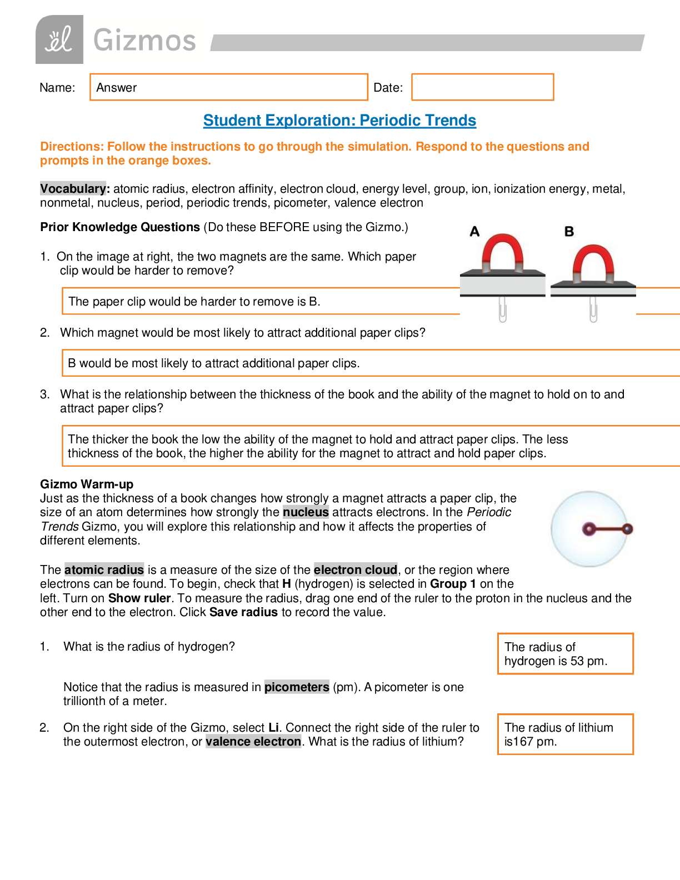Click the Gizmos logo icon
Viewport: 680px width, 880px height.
59,39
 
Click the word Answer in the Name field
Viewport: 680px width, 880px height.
116,87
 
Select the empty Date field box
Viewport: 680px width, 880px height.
482,87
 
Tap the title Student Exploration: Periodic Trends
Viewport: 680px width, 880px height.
339,121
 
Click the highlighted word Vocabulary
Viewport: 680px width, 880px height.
73,188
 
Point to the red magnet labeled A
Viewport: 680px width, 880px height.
502,253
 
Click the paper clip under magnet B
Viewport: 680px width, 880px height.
593,309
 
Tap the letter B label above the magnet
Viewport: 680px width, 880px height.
569,231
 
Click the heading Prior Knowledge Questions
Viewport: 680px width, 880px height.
120,227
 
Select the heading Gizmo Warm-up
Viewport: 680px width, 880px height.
87,484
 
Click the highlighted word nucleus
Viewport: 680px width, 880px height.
306,512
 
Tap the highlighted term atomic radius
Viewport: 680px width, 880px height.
104,569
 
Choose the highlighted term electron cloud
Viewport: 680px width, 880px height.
356,569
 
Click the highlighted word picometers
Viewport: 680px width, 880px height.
297,687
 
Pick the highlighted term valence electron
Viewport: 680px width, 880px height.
253,742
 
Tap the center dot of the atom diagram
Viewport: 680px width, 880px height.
588,529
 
